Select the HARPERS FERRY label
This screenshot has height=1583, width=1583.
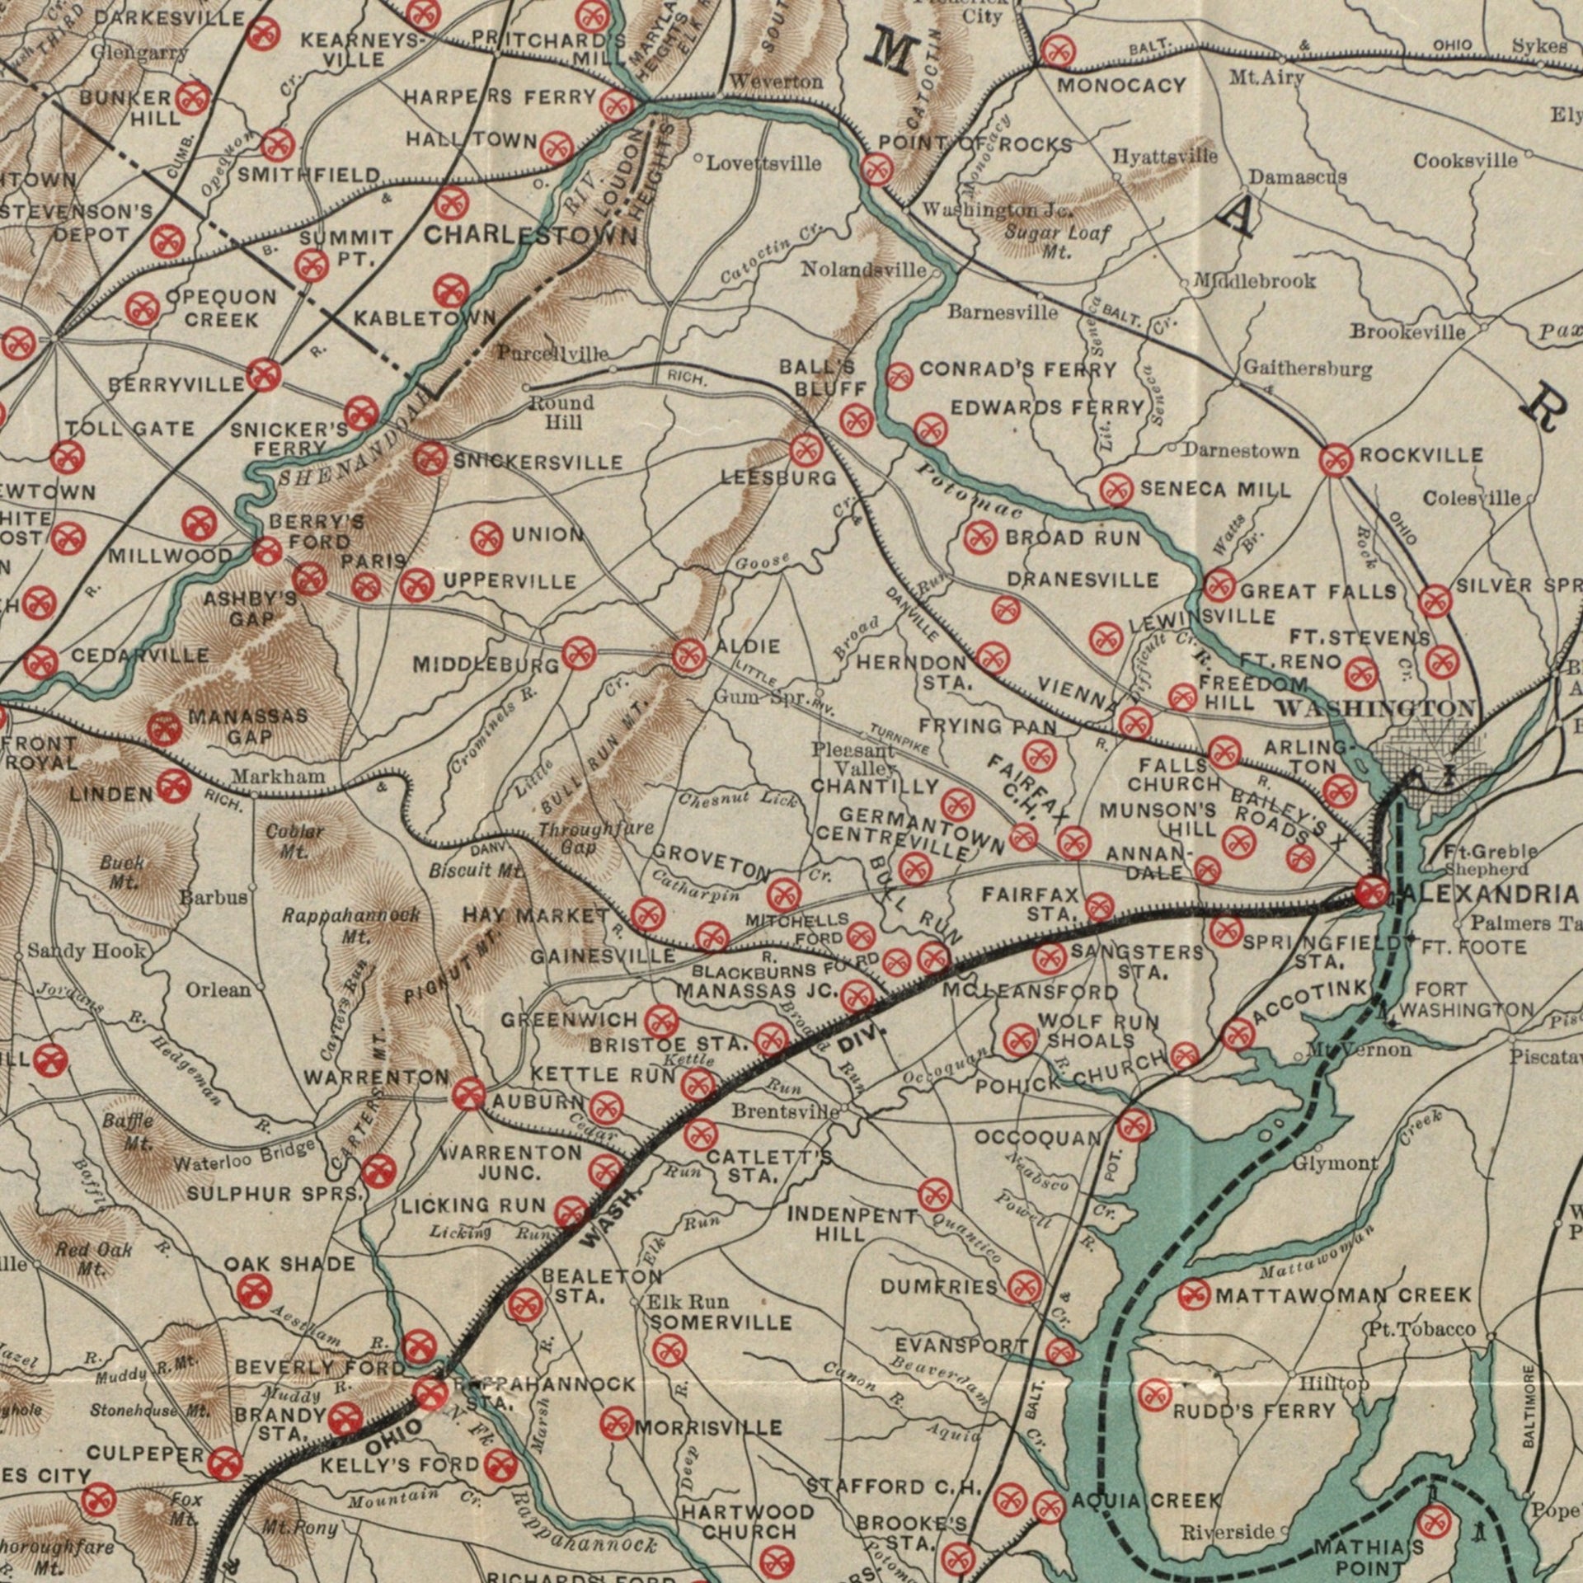tap(500, 97)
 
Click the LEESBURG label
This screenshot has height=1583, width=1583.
tap(778, 477)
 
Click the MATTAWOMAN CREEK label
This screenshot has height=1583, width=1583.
tap(1343, 1295)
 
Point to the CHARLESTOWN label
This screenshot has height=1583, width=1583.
tap(530, 237)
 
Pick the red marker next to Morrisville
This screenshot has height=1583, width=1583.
tap(613, 1423)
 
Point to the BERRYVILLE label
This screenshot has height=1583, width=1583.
tap(176, 384)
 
